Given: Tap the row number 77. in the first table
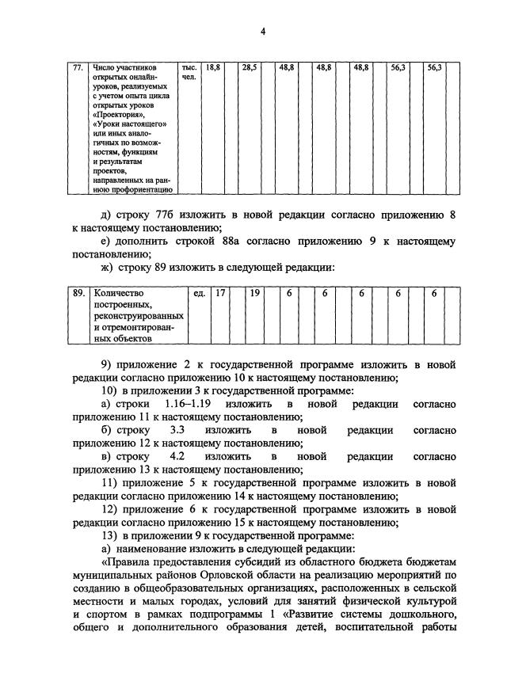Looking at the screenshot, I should click(78, 69).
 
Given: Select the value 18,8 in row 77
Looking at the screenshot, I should click(212, 69).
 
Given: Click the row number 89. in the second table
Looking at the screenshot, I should click(78, 293).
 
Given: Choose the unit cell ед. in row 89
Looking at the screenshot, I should click(200, 293).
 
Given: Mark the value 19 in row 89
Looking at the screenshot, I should click(254, 293).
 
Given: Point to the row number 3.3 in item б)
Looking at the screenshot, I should click(177, 431).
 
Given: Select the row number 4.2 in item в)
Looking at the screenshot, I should click(177, 457).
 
